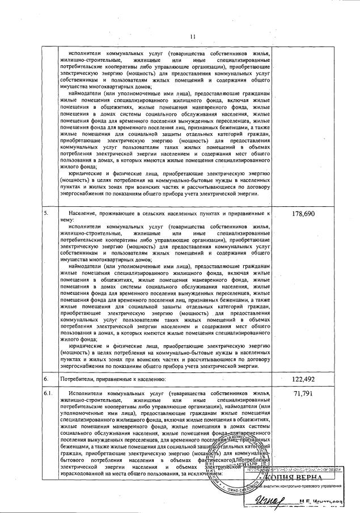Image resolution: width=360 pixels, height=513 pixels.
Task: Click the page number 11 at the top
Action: (x=192, y=38)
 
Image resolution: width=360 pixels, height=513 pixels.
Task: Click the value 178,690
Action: (x=302, y=214)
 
